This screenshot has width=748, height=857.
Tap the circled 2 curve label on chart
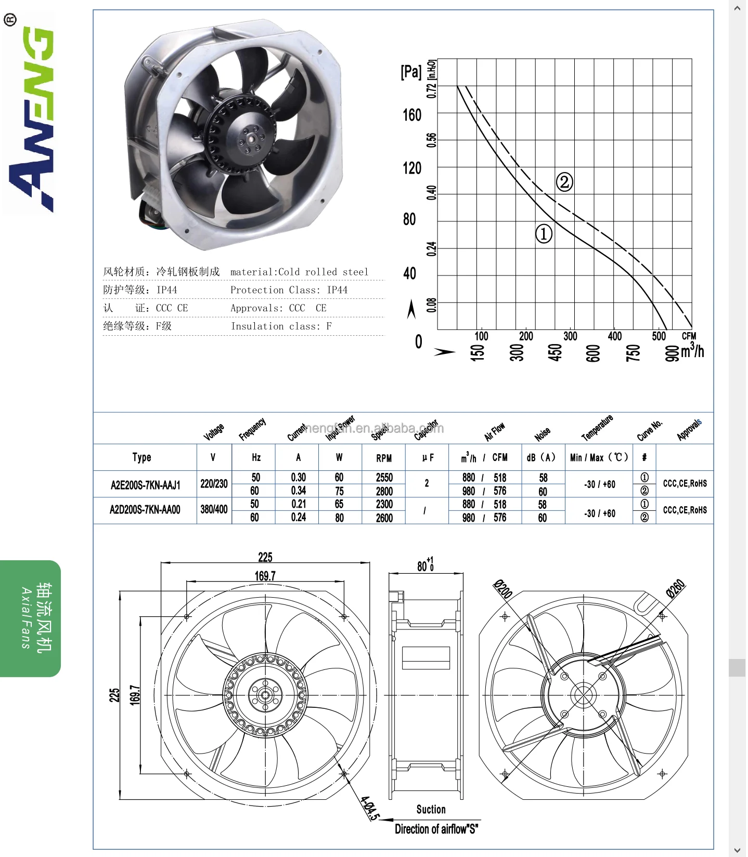point(564,182)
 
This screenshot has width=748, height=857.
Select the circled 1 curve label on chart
point(544,234)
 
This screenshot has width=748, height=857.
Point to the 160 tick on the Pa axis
point(412,115)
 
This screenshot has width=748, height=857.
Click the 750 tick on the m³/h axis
point(633,353)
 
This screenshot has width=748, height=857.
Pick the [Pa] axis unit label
point(411,72)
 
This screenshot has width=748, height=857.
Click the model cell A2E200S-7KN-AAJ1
point(146,485)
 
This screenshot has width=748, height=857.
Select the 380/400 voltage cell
point(214,509)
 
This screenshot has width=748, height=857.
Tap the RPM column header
point(384,458)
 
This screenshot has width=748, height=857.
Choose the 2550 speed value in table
point(384,477)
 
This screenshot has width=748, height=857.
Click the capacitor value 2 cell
point(427,483)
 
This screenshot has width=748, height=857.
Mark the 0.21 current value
point(299,504)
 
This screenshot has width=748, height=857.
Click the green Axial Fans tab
point(31,618)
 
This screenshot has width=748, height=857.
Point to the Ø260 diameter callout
point(676,589)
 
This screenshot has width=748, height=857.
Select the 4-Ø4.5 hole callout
point(370,808)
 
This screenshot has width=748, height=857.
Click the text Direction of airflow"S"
point(436,829)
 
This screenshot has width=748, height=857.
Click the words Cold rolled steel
point(323,272)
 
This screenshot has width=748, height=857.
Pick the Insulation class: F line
point(281,326)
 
